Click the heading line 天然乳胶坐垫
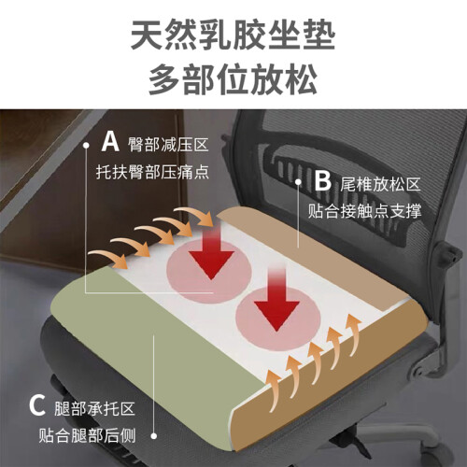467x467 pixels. (x=233, y=35)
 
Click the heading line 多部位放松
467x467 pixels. (x=233, y=79)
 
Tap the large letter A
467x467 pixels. (x=110, y=142)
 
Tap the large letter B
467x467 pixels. (x=322, y=180)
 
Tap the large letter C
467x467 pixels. (x=37, y=405)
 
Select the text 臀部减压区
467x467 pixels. (x=168, y=145)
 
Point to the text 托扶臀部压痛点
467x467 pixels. (x=152, y=172)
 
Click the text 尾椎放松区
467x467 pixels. (x=380, y=184)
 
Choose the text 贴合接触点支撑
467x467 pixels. (x=364, y=211)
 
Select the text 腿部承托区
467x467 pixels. (x=94, y=409)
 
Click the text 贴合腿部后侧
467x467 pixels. (x=87, y=435)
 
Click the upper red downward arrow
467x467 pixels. (x=212, y=252)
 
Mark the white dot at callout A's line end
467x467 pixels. (x=86, y=146)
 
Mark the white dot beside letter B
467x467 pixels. (x=298, y=181)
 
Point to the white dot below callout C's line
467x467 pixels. (x=153, y=436)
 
